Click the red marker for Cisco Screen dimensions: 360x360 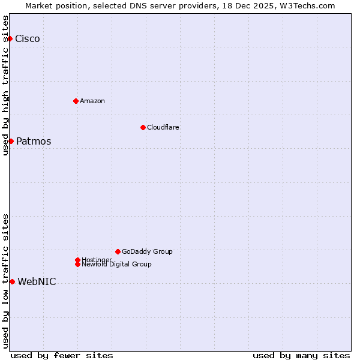pyautogui.click(x=10, y=38)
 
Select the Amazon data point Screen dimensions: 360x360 pyautogui.click(x=76, y=101)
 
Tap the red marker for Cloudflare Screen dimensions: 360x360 pyautogui.click(x=143, y=127)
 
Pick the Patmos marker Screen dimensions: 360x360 pyautogui.click(x=11, y=141)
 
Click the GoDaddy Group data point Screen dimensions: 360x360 pyautogui.click(x=118, y=251)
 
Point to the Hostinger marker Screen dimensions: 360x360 pyautogui.click(x=77, y=260)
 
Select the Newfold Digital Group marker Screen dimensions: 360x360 pyautogui.click(x=77, y=265)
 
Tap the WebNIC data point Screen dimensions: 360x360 pyautogui.click(x=12, y=281)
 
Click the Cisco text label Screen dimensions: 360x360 pyautogui.click(x=28, y=39)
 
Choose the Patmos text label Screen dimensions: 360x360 pyautogui.click(x=34, y=142)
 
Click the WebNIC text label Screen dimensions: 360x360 pyautogui.click(x=37, y=282)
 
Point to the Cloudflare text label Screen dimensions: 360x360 pyautogui.click(x=163, y=127)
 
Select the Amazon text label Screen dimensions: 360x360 pyautogui.click(x=92, y=101)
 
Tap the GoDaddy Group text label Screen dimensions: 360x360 pyautogui.click(x=147, y=251)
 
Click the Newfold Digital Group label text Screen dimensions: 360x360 pyautogui.click(x=117, y=265)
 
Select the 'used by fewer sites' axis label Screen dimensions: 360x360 pyautogui.click(x=62, y=355)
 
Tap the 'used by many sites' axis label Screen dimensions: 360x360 pyautogui.click(x=301, y=355)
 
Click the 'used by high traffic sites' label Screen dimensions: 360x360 pyautogui.click(x=5, y=85)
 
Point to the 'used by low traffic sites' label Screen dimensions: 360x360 pyautogui.click(x=5, y=280)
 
